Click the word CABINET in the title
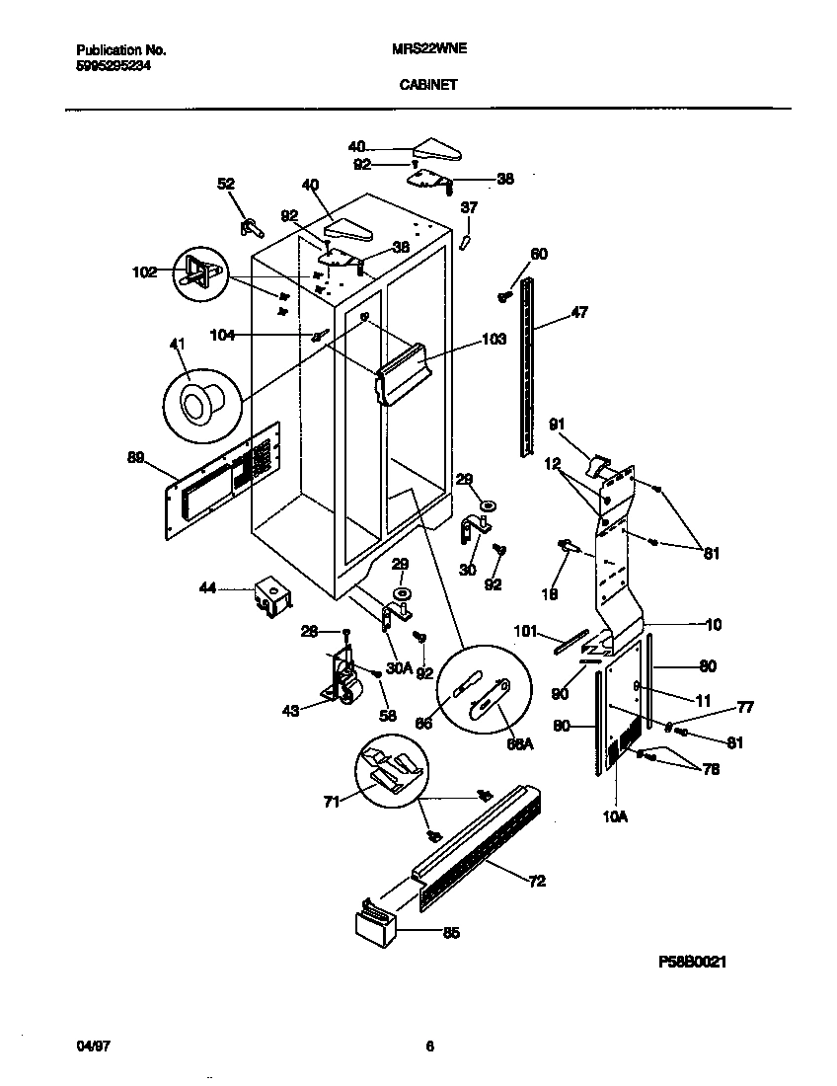427,85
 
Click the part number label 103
494,340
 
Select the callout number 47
578,314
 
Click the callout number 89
136,457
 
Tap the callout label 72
537,881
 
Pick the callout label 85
451,931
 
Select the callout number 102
145,271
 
